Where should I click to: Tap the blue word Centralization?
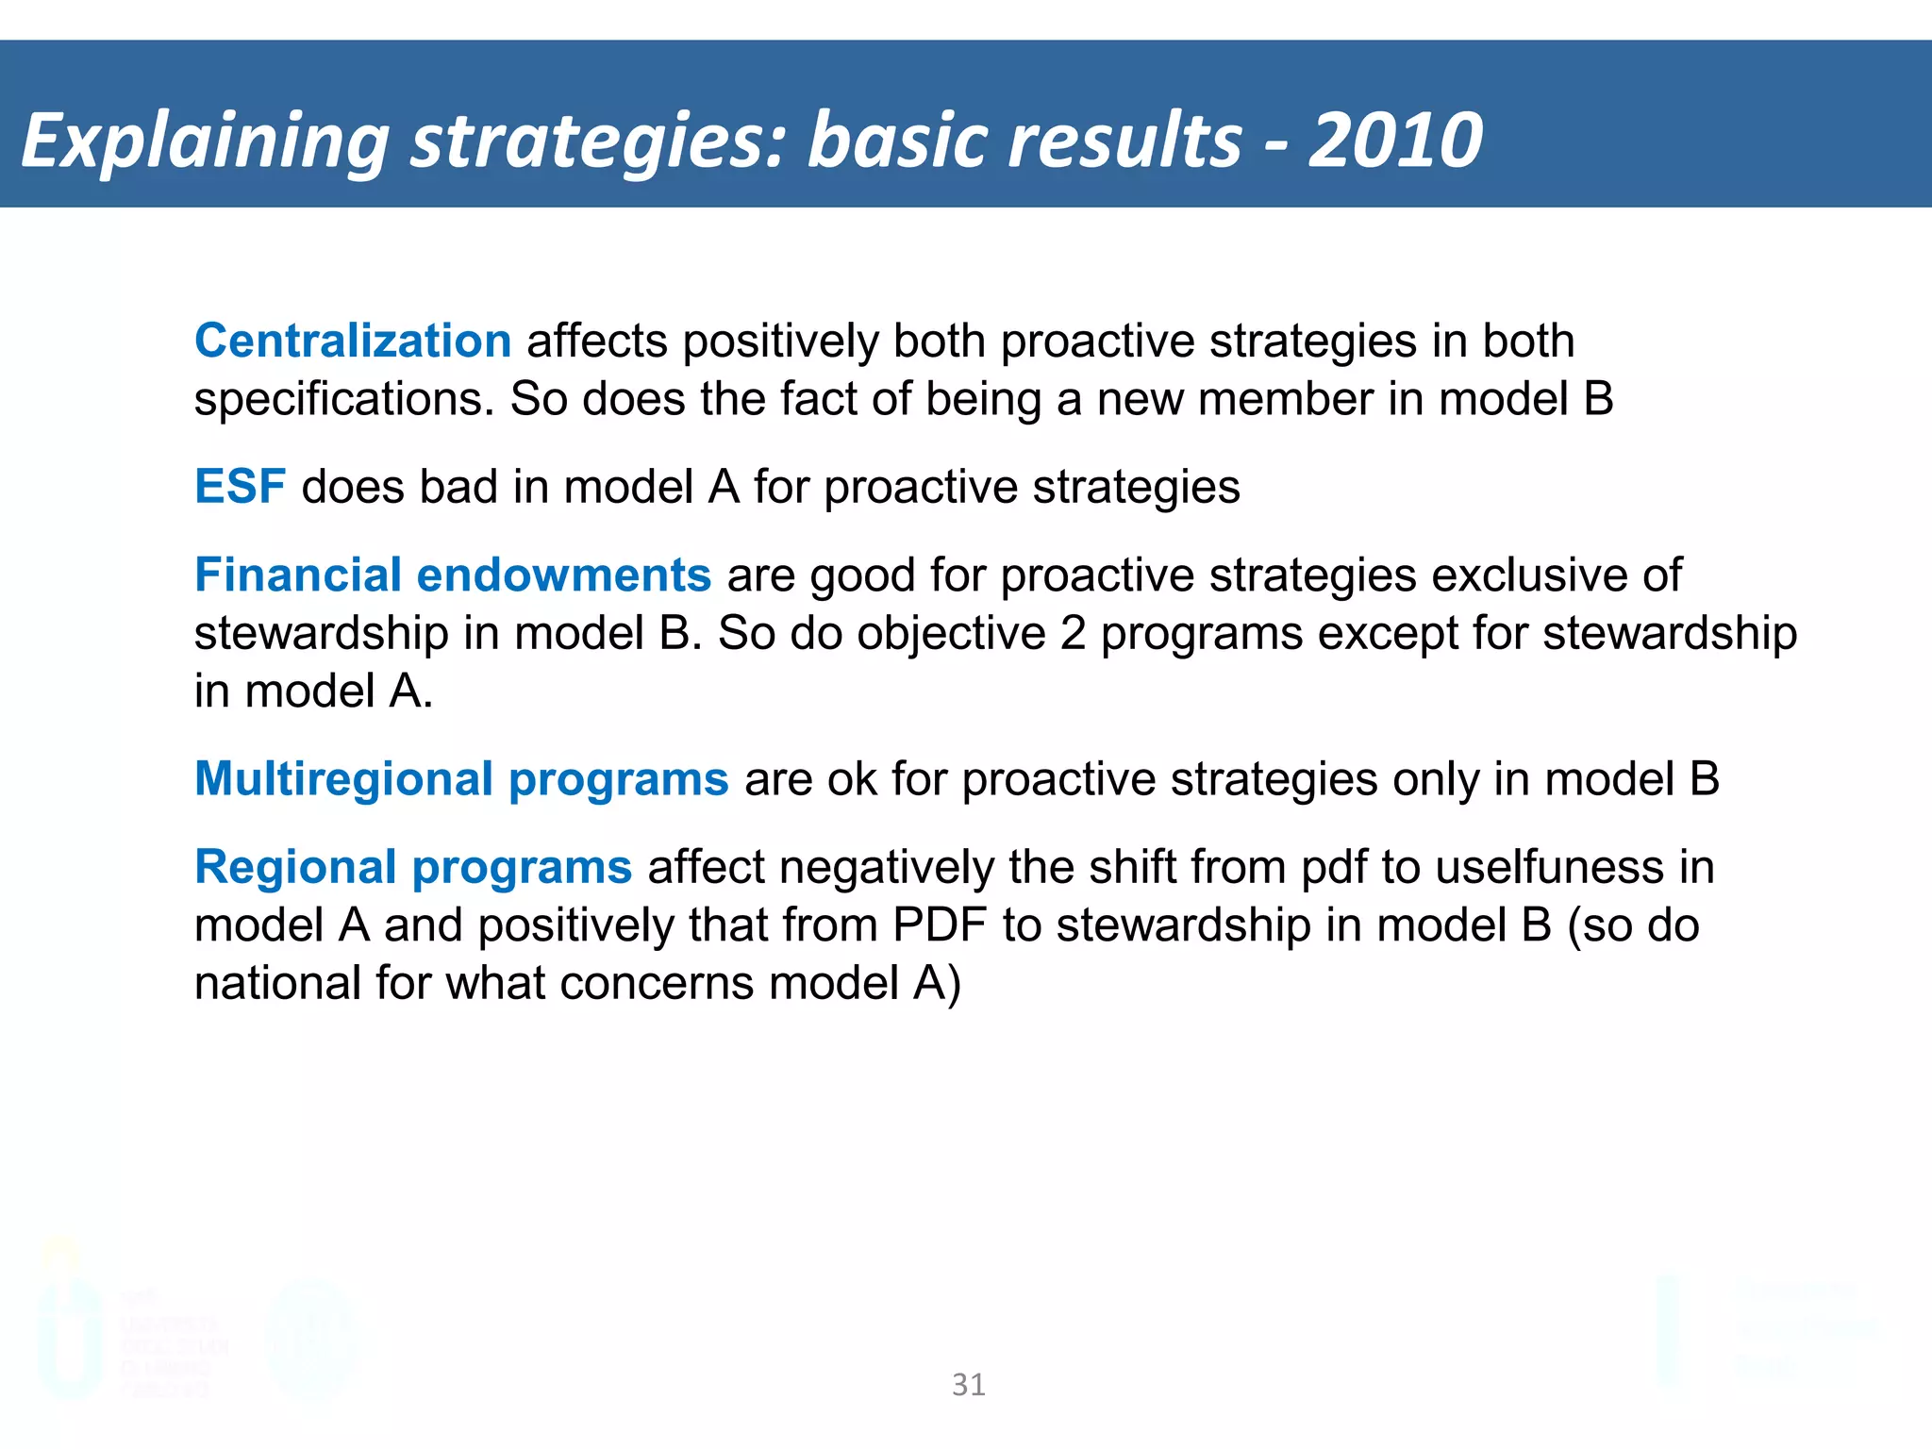pyautogui.click(x=353, y=341)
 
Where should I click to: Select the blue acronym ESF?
pyautogui.click(x=240, y=487)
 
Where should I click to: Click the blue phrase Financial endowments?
pyautogui.click(x=452, y=575)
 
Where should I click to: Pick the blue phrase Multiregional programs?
pyautogui.click(x=461, y=779)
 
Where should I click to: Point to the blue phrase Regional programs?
pyautogui.click(x=412, y=867)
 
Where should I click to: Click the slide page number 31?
pyautogui.click(x=969, y=1384)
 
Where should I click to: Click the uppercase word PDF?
pyautogui.click(x=939, y=925)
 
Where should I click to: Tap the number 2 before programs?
pyautogui.click(x=1073, y=633)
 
